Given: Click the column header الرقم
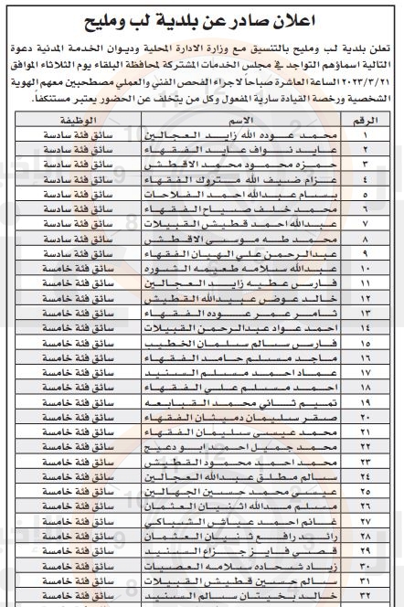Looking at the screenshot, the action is [368, 120].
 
